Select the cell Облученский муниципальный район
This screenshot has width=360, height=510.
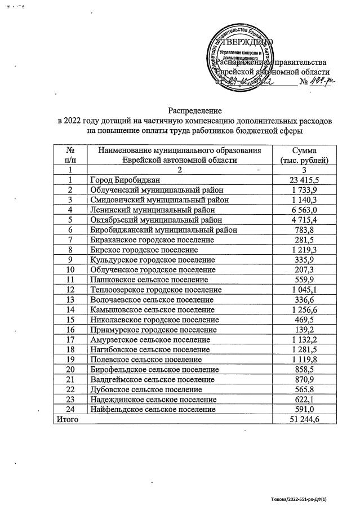(156, 190)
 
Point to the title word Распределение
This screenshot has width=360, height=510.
(195, 111)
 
